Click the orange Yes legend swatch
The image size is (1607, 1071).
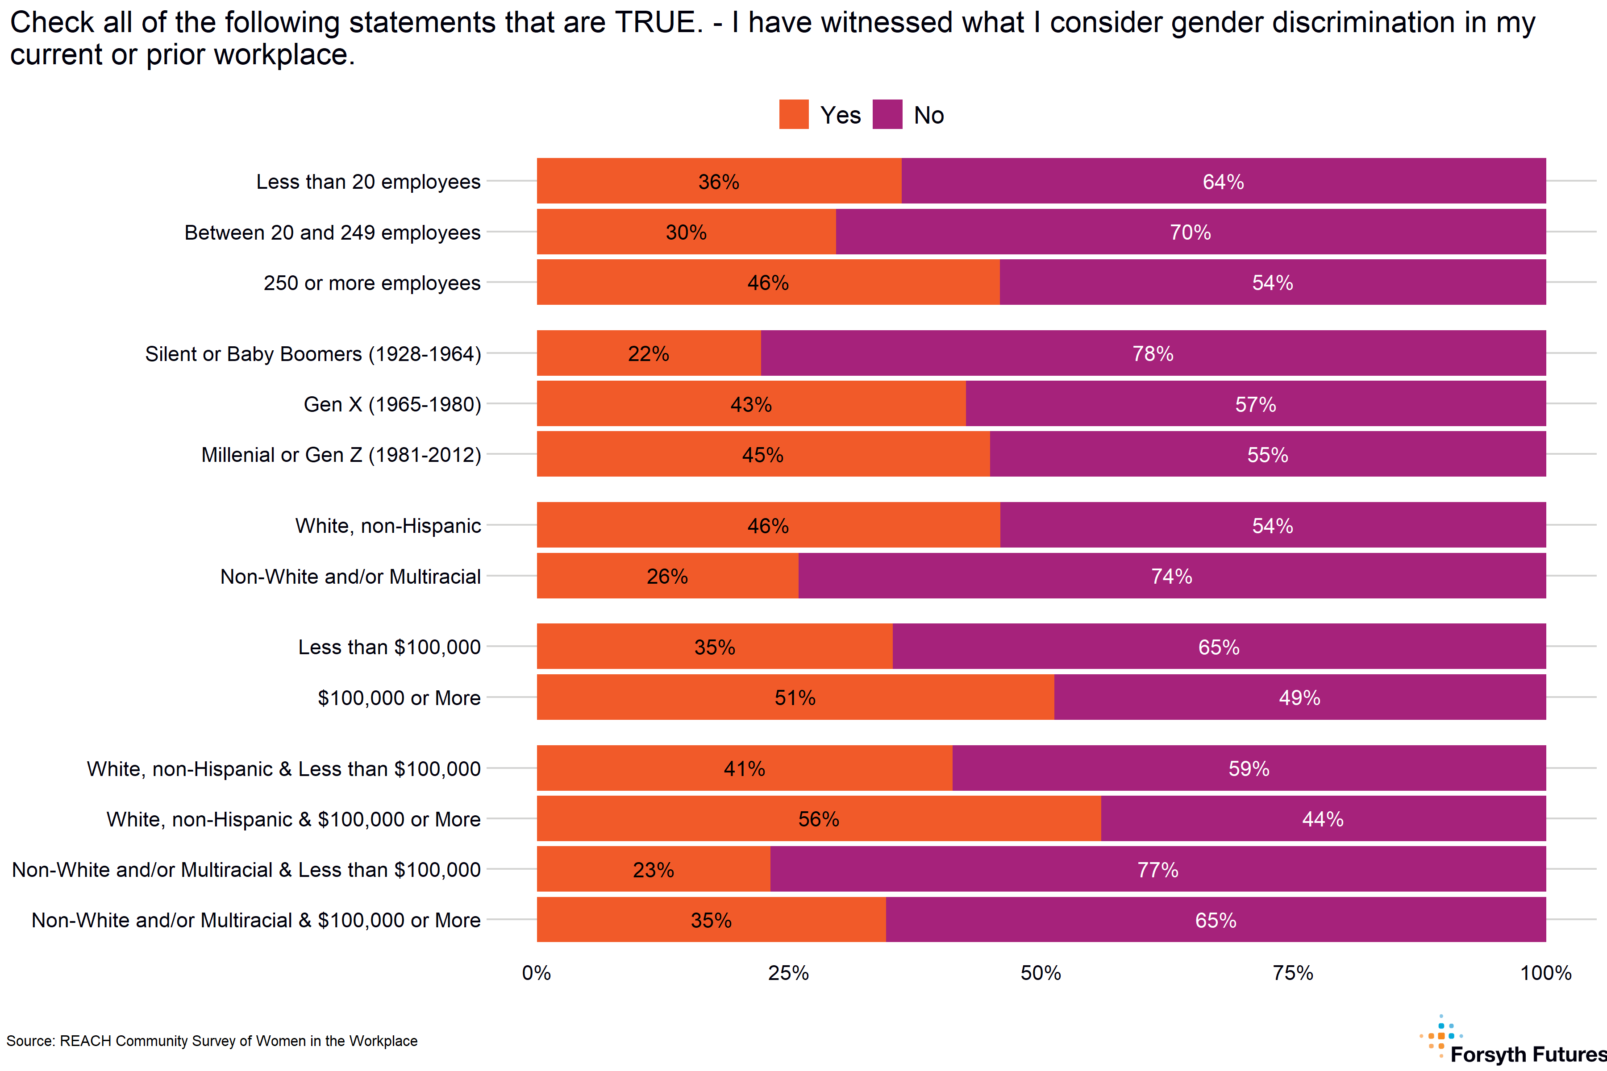click(x=793, y=114)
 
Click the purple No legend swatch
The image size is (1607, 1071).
click(x=887, y=114)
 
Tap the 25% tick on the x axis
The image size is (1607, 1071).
click(x=788, y=973)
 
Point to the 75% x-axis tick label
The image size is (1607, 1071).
click(x=1293, y=973)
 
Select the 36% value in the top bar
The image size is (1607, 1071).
click(x=718, y=182)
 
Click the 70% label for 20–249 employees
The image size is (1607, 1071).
click(x=1190, y=232)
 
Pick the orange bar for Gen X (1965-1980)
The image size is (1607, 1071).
click(x=751, y=404)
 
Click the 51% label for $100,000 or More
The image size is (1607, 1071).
click(x=795, y=697)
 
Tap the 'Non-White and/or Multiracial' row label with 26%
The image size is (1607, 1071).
click(x=350, y=577)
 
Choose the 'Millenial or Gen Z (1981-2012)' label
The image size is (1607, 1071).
click(x=341, y=455)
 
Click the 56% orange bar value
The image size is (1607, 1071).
click(x=819, y=819)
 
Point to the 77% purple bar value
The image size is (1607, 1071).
click(x=1157, y=869)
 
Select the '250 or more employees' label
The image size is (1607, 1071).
click(x=372, y=283)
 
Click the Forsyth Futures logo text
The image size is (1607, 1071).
click(x=1528, y=1054)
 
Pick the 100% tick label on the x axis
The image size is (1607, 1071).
click(x=1545, y=973)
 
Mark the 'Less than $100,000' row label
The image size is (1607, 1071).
click(x=389, y=647)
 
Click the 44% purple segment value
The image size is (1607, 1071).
click(x=1323, y=819)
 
